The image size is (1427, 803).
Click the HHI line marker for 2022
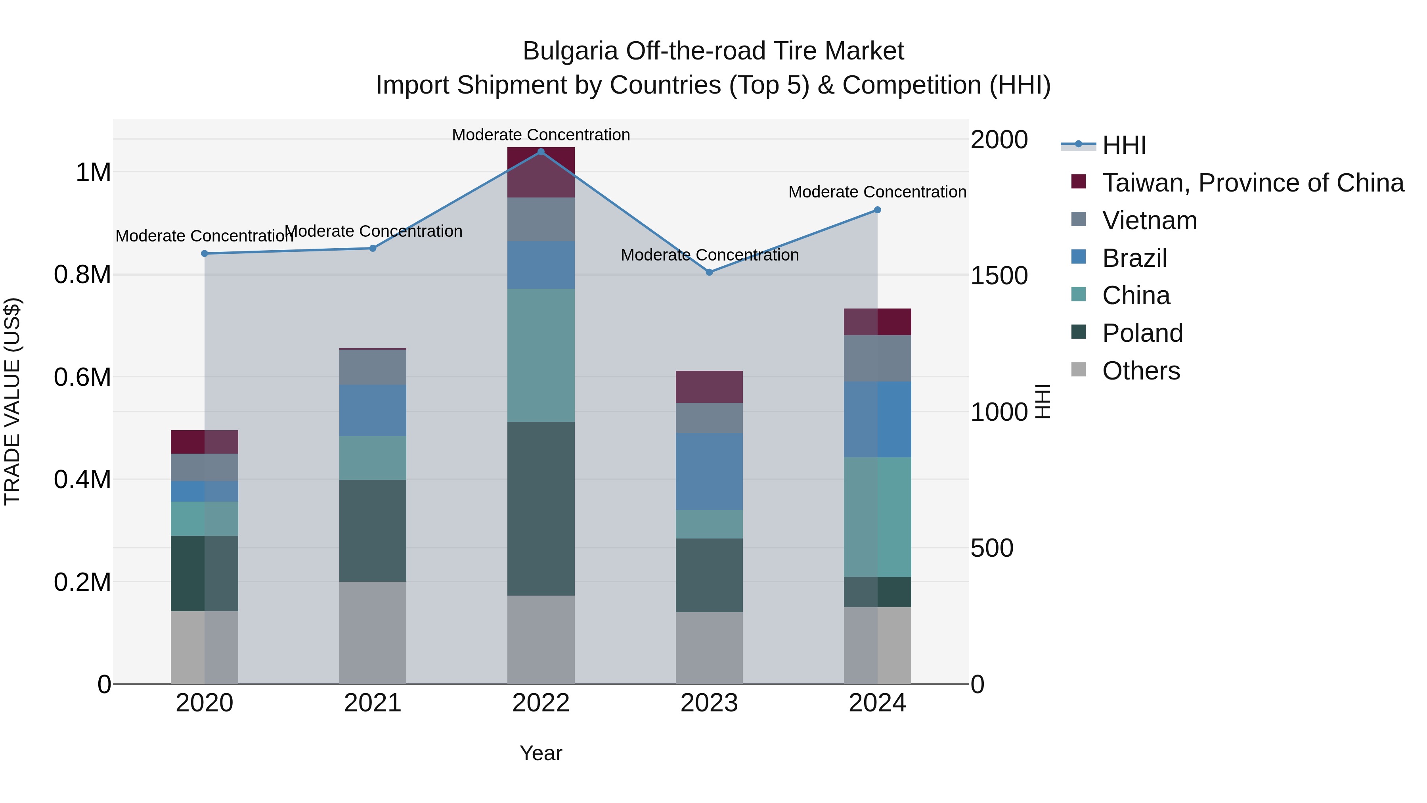pyautogui.click(x=541, y=152)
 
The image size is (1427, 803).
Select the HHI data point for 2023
pyautogui.click(x=709, y=272)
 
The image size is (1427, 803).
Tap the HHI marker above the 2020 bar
pyautogui.click(x=205, y=253)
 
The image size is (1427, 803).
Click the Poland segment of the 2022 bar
pyautogui.click(x=541, y=508)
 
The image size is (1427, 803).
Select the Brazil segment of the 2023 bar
pyautogui.click(x=709, y=471)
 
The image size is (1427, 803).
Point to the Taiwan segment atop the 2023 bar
pyautogui.click(x=709, y=387)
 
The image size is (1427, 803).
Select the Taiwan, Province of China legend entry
pyautogui.click(x=1252, y=183)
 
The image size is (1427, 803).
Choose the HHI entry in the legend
pyautogui.click(x=1123, y=145)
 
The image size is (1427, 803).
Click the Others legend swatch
pyautogui.click(x=1078, y=370)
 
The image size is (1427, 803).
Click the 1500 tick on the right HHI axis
pyautogui.click(x=999, y=276)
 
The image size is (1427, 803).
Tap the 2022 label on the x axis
pyautogui.click(x=541, y=703)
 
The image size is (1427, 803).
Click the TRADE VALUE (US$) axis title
pyautogui.click(x=12, y=401)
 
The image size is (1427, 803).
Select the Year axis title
pyautogui.click(x=541, y=753)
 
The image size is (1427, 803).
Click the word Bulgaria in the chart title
pyautogui.click(x=570, y=51)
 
